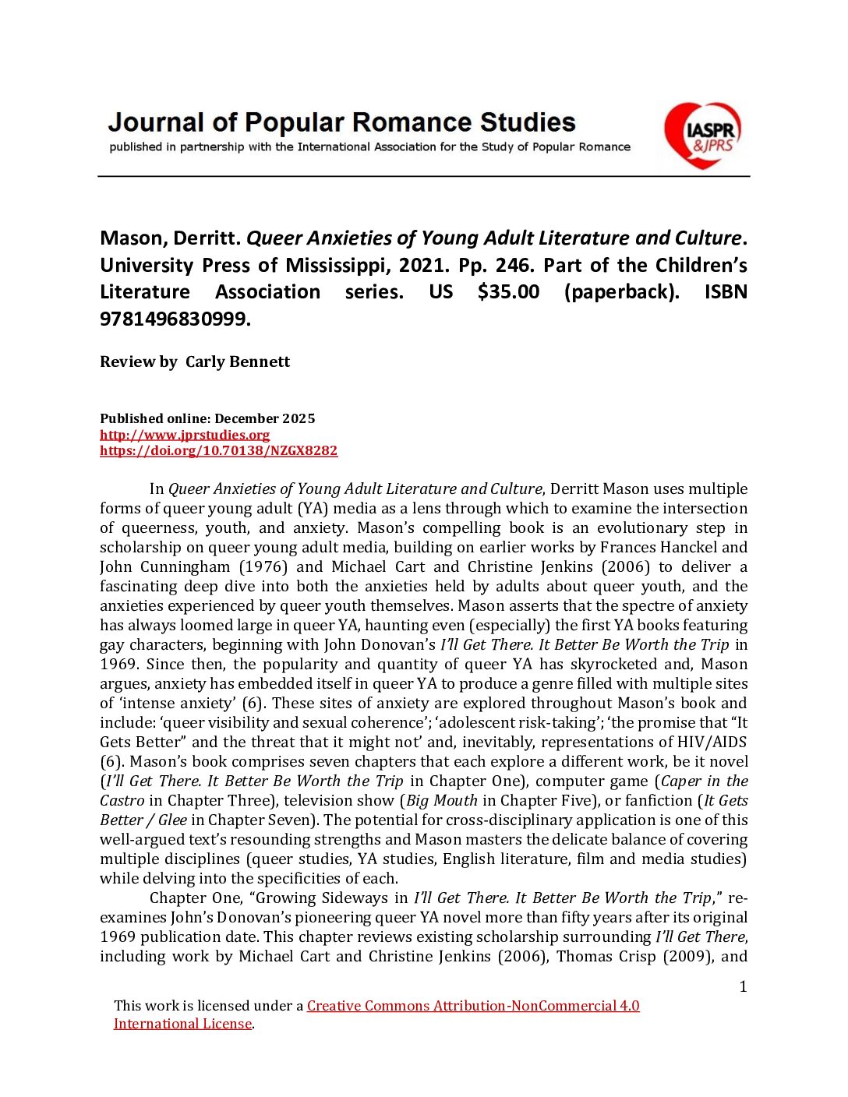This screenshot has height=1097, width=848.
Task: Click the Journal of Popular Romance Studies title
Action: click(x=341, y=122)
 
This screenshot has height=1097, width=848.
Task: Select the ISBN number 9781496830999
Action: click(x=175, y=319)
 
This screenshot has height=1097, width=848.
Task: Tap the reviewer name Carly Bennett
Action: click(x=238, y=362)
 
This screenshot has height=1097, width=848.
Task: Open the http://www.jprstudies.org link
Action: click(x=185, y=435)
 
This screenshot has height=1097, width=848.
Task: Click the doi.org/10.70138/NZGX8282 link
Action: click(x=218, y=450)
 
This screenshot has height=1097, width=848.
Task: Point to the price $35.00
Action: click(x=508, y=292)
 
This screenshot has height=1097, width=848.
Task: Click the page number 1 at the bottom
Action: click(x=743, y=987)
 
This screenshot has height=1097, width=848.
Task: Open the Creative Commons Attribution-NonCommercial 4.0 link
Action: click(x=473, y=1006)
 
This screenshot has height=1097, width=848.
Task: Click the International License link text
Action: click(x=182, y=1024)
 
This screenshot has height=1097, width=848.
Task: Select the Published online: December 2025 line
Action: click(x=207, y=418)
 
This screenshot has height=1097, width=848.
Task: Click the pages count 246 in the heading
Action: click(x=513, y=266)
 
